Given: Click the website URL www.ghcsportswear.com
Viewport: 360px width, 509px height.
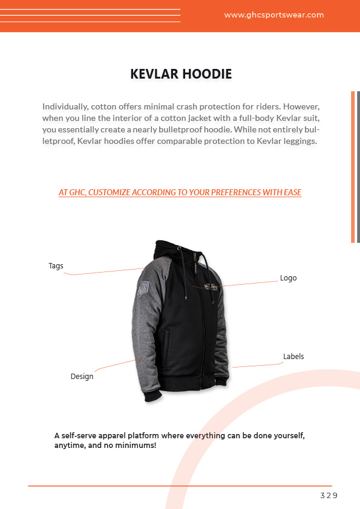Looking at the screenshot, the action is (273, 15).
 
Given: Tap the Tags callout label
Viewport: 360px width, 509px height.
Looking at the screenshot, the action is (56, 266).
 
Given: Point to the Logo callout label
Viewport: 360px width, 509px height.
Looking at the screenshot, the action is (288, 278).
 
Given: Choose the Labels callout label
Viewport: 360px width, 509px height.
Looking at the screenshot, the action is (293, 357).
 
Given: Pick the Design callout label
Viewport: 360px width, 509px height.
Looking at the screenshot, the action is (82, 377).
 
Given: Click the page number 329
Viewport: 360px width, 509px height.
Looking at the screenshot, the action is (329, 496).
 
